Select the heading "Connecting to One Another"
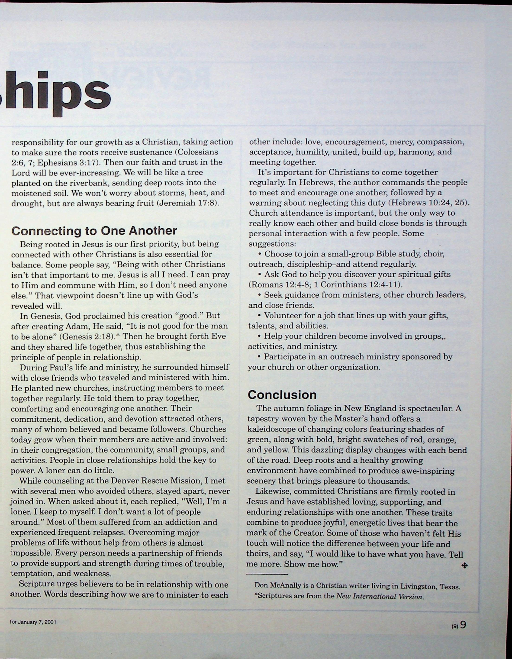coord(94,231)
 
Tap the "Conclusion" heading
coord(282,395)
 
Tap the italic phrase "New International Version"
coord(379,596)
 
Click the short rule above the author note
coord(267,574)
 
